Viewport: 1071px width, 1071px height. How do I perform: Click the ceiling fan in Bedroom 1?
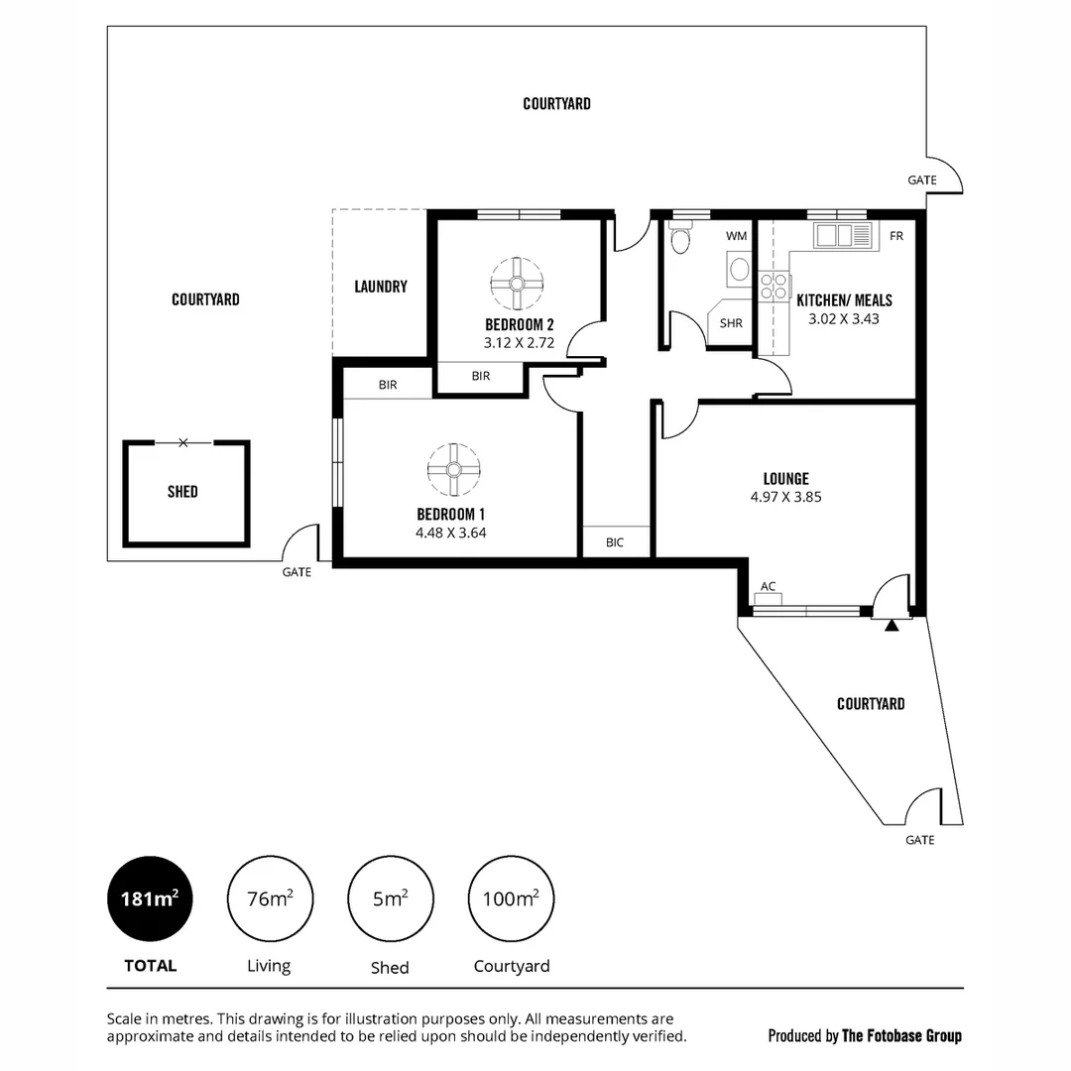453,470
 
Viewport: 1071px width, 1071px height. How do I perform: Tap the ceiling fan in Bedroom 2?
517,284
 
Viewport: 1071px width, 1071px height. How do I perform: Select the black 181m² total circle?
150,899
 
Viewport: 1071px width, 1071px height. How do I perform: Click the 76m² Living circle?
269,899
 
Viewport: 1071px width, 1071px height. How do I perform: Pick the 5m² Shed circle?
389,899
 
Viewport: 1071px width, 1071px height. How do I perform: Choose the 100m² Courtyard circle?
511,899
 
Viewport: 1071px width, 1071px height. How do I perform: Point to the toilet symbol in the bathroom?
679,241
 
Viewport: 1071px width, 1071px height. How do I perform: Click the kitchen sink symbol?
845,236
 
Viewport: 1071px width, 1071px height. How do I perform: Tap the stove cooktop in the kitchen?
771,288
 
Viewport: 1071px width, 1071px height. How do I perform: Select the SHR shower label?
732,323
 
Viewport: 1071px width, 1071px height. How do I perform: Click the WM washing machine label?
736,236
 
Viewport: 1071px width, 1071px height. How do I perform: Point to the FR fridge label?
896,236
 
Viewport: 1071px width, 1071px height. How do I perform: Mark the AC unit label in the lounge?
768,586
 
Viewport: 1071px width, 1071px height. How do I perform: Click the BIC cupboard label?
615,542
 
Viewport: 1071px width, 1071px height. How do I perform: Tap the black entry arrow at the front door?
892,625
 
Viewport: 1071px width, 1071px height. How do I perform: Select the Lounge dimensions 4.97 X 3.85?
785,497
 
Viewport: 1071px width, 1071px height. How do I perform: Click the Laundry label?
381,287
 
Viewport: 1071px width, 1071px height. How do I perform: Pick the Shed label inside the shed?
182,492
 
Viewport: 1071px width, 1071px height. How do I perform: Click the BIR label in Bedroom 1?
388,384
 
